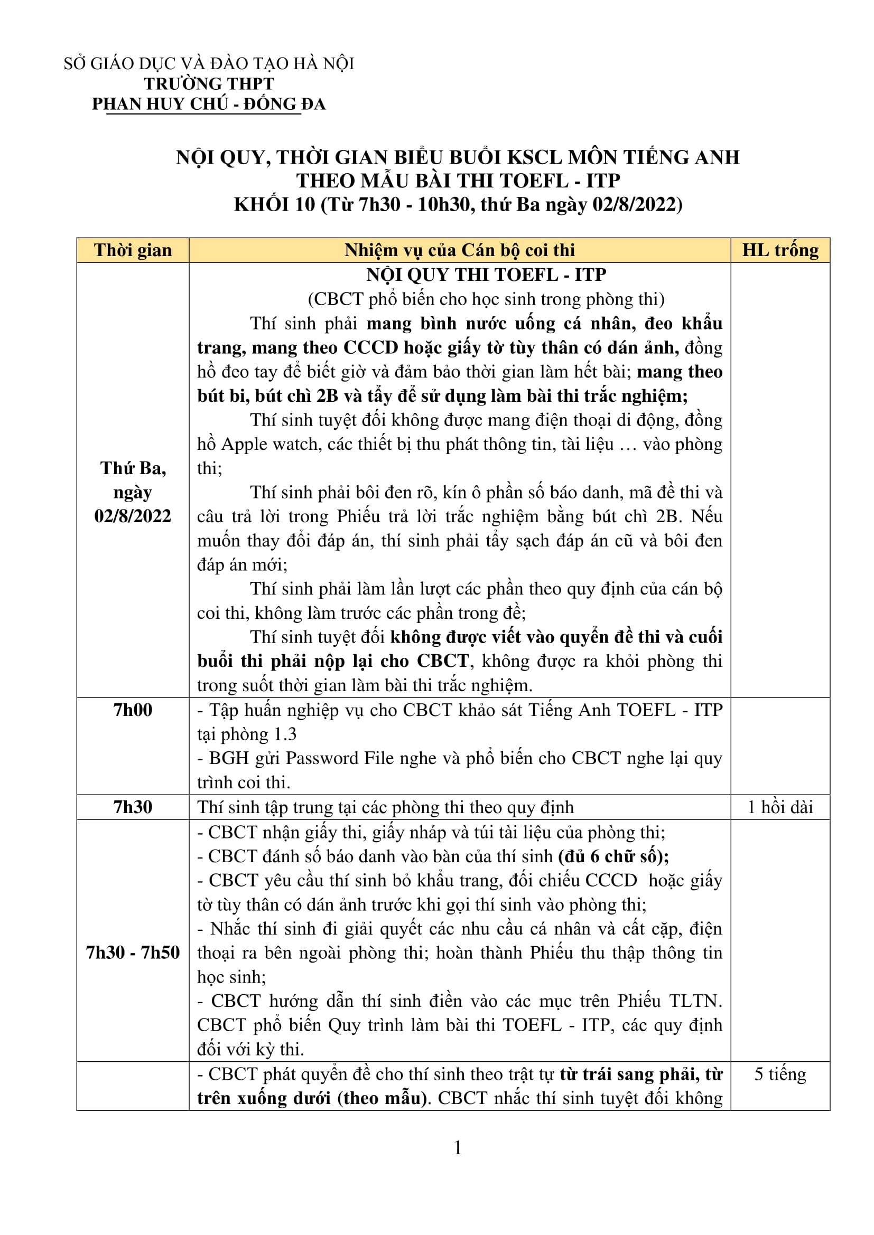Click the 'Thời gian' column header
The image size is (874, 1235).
(133, 250)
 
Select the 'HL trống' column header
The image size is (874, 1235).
(780, 250)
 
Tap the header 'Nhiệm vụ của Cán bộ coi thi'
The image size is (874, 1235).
(460, 250)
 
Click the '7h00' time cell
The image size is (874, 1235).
(133, 710)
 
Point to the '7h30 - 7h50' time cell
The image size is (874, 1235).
(133, 952)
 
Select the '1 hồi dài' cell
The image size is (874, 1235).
(780, 807)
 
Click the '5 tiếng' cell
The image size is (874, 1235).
(780, 1073)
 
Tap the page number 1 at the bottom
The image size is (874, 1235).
(458, 1148)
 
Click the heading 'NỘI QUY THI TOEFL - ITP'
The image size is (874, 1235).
(486, 275)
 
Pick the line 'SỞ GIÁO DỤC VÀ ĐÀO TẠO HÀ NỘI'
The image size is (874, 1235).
(209, 63)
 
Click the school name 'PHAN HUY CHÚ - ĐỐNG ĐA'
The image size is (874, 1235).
(209, 104)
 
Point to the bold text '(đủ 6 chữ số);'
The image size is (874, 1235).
(613, 856)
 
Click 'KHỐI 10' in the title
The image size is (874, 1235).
(274, 205)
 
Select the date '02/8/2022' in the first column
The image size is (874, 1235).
(133, 516)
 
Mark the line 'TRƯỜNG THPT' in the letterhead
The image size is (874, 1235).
(209, 84)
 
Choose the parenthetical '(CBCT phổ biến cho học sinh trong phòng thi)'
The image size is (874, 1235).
(486, 299)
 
